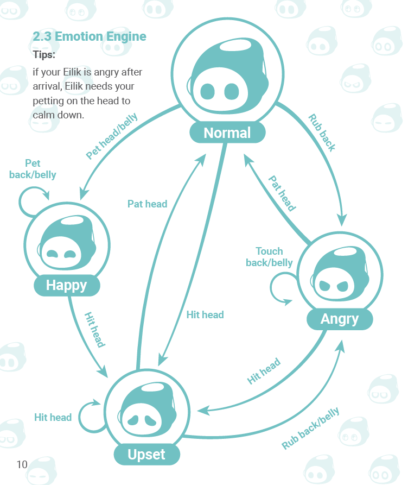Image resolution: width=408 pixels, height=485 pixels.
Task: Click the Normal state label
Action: tap(227, 133)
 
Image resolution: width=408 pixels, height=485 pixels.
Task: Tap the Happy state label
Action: tap(66, 285)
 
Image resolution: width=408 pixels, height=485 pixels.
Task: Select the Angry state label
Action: tap(340, 319)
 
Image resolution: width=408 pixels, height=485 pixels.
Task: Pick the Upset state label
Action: tap(146, 454)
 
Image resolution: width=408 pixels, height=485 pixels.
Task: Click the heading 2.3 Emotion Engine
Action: tap(90, 37)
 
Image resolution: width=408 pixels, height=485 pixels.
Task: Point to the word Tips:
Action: tap(44, 55)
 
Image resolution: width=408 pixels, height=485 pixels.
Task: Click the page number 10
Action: tap(22, 464)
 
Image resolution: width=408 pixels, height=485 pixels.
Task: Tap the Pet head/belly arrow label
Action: tap(112, 136)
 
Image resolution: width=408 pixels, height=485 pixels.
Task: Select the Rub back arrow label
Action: tap(322, 133)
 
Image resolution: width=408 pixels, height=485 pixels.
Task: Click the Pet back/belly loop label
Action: tap(33, 169)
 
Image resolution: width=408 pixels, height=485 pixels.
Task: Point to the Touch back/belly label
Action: tap(269, 257)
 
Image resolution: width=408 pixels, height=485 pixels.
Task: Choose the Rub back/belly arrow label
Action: tap(310, 429)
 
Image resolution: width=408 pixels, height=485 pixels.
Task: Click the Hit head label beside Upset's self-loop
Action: tap(53, 417)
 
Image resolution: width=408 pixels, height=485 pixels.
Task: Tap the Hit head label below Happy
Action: tap(94, 330)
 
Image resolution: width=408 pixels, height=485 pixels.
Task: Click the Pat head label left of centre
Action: tap(147, 204)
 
